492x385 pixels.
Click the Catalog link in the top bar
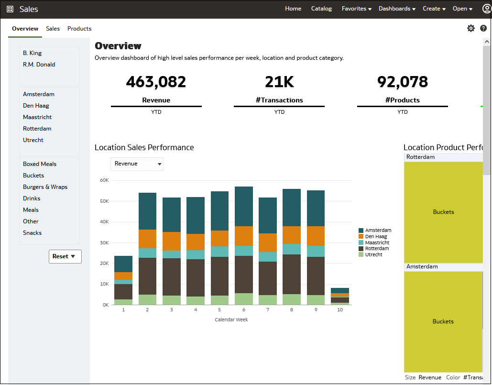321,9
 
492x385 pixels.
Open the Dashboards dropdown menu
397,9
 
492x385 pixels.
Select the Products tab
79,29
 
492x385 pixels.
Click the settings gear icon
471,28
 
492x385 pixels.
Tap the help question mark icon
483,28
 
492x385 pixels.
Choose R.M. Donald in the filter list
39,65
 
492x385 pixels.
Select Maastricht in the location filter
37,117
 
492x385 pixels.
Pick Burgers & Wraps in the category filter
45,187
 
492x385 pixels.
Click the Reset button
65,256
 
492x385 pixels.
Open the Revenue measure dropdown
137,164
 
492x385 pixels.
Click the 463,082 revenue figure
156,82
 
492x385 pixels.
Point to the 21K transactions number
279,82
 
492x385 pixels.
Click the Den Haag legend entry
376,237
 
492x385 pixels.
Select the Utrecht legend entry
373,254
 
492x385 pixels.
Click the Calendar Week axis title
231,319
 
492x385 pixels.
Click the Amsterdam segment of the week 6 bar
244,206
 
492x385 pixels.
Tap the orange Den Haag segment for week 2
147,239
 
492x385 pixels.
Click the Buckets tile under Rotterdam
443,212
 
